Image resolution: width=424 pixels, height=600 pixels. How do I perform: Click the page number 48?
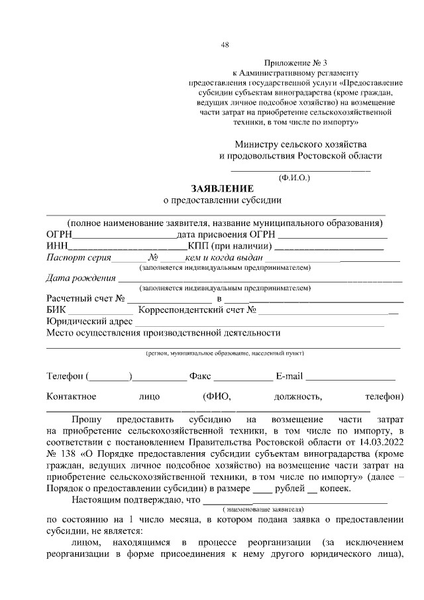click(225, 45)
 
